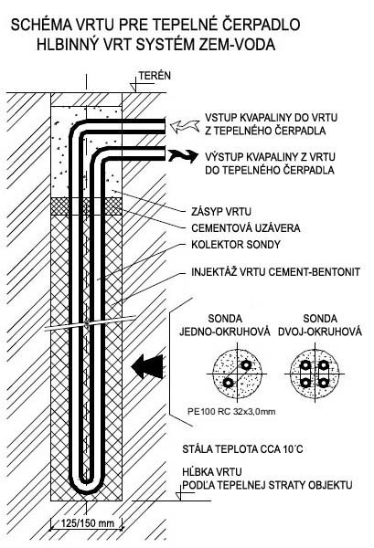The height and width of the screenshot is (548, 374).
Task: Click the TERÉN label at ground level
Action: coord(155,76)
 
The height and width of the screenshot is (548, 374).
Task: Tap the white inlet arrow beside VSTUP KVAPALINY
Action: coord(184,126)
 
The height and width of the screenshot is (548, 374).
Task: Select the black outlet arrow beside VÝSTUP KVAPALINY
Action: coord(183,155)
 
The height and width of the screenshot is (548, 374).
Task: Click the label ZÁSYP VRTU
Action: coord(221,212)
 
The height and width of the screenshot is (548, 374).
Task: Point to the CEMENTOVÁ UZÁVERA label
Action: coord(246,228)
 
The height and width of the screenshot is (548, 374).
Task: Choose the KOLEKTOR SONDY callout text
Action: coord(236,244)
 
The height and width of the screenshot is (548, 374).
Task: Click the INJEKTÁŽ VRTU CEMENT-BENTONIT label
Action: coord(275,272)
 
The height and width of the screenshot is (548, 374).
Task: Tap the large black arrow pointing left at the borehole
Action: coord(147,366)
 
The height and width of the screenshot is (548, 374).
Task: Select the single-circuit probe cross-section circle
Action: coord(238,374)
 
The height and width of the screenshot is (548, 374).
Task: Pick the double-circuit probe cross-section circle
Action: coord(315,374)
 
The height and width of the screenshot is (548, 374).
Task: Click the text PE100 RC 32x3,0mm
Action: coord(231,411)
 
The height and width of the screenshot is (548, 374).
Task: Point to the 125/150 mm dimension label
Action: coord(88,523)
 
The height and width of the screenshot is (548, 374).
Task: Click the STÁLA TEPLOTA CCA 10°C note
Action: coord(242,449)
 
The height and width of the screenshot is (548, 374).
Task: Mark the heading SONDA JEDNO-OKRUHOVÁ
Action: coord(225,325)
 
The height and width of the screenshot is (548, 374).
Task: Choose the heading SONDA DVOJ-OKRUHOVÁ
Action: coord(320,325)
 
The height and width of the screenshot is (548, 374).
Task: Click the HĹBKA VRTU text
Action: coord(211,472)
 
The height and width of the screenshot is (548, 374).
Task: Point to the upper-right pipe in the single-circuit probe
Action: coord(246,365)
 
